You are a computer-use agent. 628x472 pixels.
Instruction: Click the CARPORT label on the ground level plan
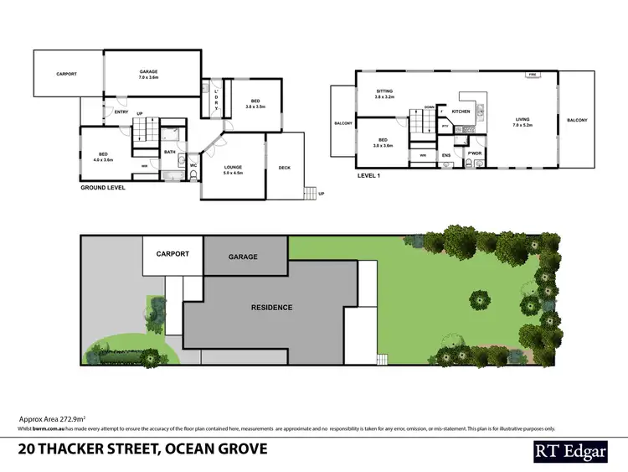(67, 74)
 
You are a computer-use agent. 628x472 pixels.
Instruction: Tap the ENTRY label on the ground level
(121, 112)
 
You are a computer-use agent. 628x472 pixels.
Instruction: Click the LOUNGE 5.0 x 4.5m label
(233, 169)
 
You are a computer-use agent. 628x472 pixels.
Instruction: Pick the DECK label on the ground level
(284, 166)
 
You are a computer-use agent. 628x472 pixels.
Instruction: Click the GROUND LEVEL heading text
(103, 188)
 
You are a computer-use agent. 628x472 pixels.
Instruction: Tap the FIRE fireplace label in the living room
(531, 75)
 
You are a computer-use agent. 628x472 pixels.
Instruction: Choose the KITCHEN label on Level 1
(461, 111)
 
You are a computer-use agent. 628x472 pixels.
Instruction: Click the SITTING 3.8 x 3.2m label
(384, 94)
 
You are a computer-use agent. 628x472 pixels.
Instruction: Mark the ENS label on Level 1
(446, 154)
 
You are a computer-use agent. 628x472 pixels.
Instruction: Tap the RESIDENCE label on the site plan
(272, 308)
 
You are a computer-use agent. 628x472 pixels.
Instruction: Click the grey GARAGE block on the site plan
(243, 257)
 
